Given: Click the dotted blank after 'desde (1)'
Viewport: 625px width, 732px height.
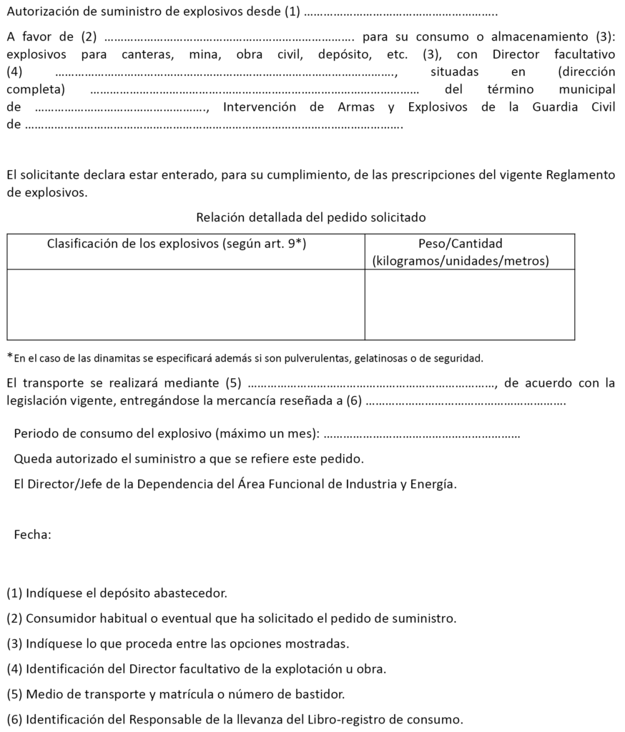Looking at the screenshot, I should [400, 14].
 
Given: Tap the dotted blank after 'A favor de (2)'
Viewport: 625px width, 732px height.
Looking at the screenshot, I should [229, 37].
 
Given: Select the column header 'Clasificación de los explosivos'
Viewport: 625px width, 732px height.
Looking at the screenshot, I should [177, 244].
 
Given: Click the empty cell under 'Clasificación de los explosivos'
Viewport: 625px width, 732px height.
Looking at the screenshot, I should [186, 304].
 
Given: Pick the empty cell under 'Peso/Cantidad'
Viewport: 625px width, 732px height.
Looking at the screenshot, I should [470, 304].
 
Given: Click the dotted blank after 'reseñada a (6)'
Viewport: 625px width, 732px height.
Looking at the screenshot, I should [466, 402].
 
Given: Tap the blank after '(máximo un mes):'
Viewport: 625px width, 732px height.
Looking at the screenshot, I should [427, 434].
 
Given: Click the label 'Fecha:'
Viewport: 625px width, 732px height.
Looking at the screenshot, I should [33, 534].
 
